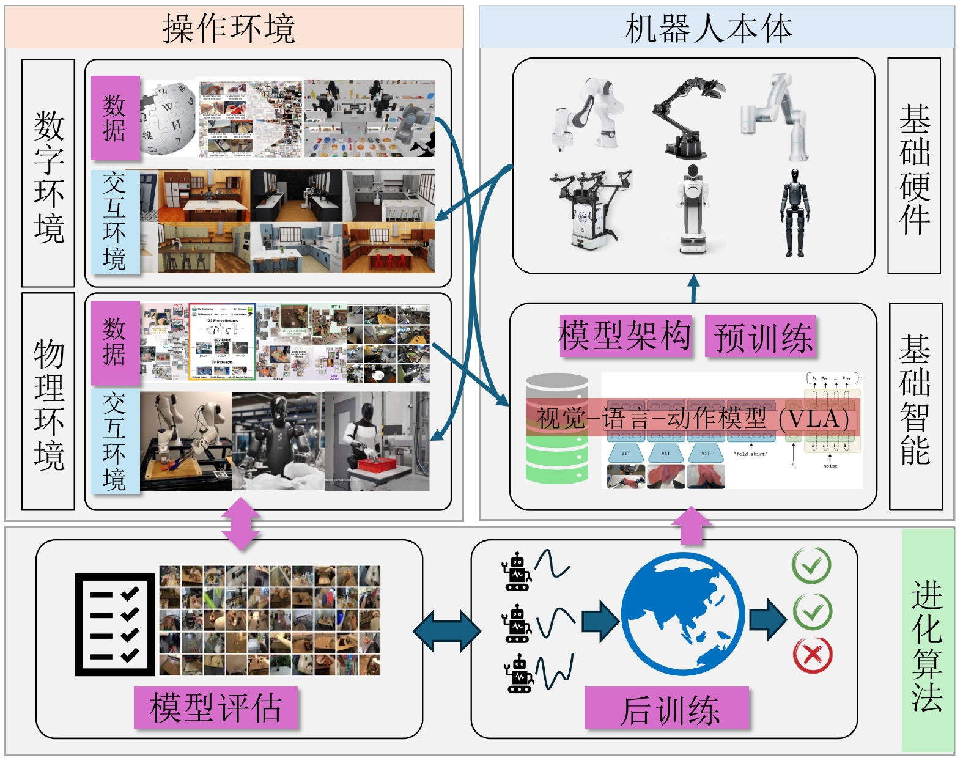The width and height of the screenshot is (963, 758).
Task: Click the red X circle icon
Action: click(812, 655)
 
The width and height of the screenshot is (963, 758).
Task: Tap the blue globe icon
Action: click(683, 614)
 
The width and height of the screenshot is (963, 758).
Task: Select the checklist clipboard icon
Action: click(115, 624)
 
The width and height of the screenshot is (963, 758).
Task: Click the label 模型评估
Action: click(216, 707)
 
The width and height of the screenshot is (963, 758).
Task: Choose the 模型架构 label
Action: click(625, 335)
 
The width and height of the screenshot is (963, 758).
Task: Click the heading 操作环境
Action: click(229, 28)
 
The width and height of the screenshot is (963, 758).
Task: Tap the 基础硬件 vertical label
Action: click(914, 167)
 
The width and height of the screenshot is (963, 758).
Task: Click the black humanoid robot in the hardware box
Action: click(795, 213)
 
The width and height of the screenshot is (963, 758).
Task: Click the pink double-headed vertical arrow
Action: click(241, 523)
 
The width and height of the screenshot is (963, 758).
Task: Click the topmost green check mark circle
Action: click(811, 565)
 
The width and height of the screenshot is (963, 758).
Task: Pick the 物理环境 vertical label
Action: click(48, 403)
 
